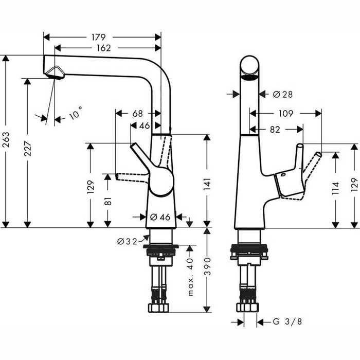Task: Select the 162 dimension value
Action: [x=103, y=48]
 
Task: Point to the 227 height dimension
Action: [x=26, y=150]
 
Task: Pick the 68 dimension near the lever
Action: [x=137, y=113]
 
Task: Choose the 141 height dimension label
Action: [x=207, y=181]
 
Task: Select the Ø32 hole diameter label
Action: [x=128, y=241]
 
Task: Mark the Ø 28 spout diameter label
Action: [x=282, y=94]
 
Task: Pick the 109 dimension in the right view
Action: [x=285, y=113]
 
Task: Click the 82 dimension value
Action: [x=275, y=130]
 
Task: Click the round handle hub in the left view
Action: [x=161, y=182]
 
